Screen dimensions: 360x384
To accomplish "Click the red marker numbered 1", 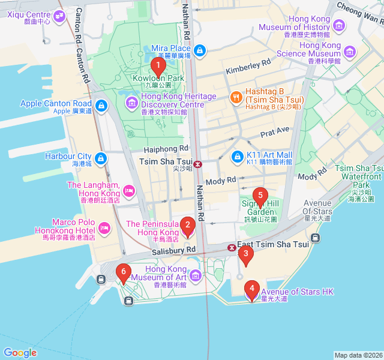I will pyautogui.click(x=158, y=65).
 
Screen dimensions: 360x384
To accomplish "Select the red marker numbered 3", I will pyautogui.click(x=245, y=254).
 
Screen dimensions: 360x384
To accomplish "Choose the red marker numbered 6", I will pyautogui.click(x=124, y=272).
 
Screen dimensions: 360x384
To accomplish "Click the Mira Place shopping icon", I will pyautogui.click(x=200, y=51).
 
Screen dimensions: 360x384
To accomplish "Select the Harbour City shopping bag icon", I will pyautogui.click(x=101, y=159).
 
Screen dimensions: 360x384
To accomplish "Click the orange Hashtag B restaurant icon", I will pyautogui.click(x=237, y=97).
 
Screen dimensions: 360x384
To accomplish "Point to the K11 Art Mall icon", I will pyautogui.click(x=238, y=158).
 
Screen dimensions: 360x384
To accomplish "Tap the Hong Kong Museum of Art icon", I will pyautogui.click(x=196, y=276).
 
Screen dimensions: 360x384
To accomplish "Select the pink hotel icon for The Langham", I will pyautogui.click(x=128, y=192).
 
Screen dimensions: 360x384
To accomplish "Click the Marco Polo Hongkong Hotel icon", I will pyautogui.click(x=105, y=228).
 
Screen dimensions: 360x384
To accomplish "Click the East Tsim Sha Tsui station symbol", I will pyautogui.click(x=232, y=247).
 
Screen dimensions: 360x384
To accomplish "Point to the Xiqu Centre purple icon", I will pyautogui.click(x=59, y=17).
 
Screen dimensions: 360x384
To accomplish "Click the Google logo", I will pyautogui.click(x=20, y=352).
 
